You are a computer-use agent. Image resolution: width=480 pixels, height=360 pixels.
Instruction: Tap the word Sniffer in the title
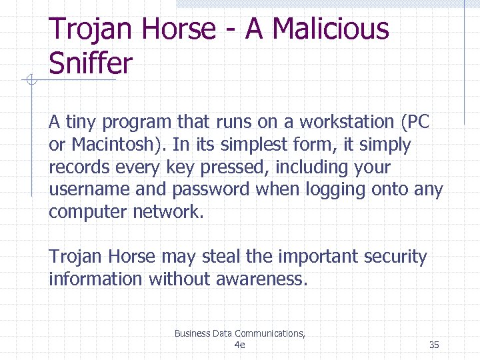tap(91, 64)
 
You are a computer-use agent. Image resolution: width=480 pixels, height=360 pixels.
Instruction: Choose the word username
tap(89, 190)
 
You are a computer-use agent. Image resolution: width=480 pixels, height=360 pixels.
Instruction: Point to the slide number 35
tap(434, 345)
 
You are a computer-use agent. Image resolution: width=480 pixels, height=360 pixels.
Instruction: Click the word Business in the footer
tap(192, 333)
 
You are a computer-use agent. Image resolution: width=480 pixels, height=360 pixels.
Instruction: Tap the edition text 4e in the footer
tap(240, 345)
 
